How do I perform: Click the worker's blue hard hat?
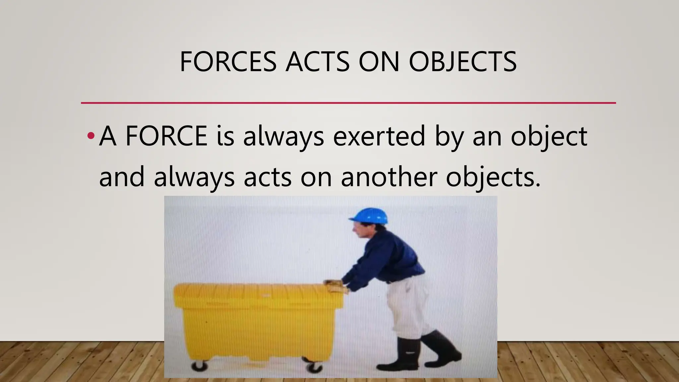pyautogui.click(x=369, y=216)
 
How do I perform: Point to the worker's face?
pyautogui.click(x=359, y=229)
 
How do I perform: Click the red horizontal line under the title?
pyautogui.click(x=348, y=103)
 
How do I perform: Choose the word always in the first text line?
pyautogui.click(x=283, y=136)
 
